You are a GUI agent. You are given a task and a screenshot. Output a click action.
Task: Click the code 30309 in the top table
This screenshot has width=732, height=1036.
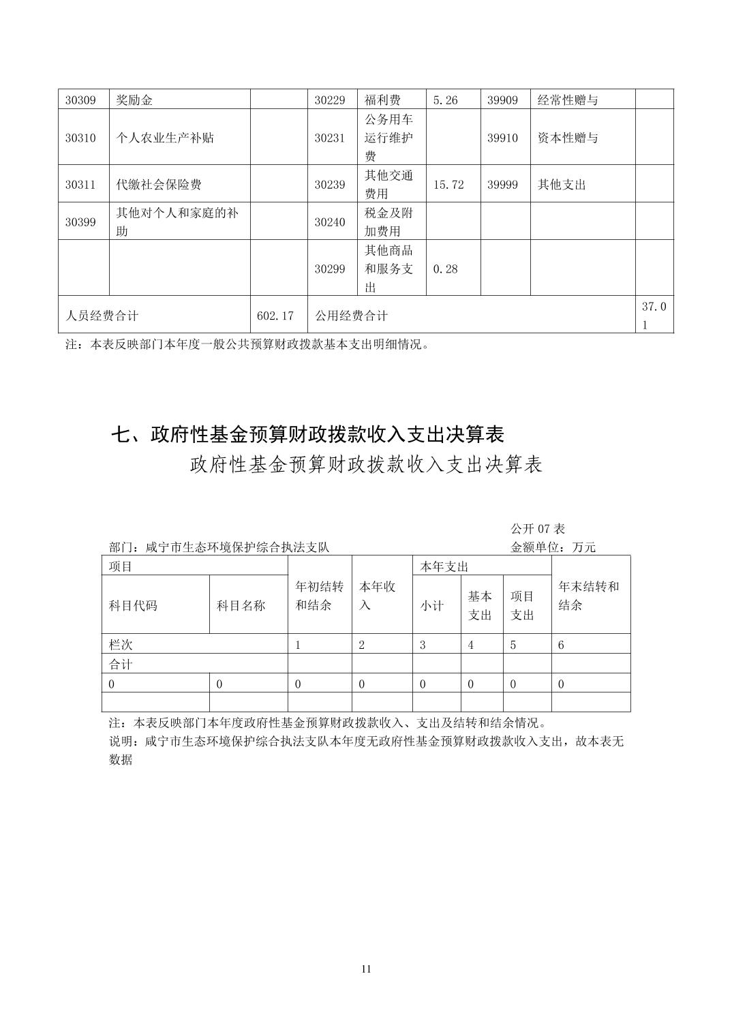(80, 100)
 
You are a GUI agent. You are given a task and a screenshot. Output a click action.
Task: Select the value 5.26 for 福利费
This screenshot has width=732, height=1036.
(446, 100)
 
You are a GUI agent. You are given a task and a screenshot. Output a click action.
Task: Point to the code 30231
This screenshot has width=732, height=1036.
(329, 138)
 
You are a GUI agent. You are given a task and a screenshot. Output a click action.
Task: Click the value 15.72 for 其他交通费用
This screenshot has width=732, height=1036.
(448, 185)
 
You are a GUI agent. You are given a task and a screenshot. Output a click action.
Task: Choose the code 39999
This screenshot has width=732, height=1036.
(502, 185)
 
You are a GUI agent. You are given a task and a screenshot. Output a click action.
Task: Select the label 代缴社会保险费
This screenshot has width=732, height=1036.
(159, 185)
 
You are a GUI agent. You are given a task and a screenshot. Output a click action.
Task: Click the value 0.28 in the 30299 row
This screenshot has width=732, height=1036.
(446, 269)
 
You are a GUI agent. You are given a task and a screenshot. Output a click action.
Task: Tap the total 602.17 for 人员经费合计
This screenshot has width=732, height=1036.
(275, 316)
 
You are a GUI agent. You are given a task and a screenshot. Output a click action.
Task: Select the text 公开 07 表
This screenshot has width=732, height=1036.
(538, 529)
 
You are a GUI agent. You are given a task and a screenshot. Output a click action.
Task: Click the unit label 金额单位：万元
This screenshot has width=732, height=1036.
(553, 547)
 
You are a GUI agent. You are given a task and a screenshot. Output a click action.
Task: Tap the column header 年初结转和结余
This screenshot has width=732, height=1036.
(319, 596)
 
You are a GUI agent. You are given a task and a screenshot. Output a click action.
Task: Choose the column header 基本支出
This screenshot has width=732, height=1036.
(480, 605)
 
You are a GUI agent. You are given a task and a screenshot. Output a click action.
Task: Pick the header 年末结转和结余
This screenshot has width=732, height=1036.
(589, 596)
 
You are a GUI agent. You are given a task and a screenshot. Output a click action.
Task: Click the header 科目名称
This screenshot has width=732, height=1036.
(241, 605)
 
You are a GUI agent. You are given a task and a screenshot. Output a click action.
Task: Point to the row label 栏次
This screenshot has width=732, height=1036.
(121, 645)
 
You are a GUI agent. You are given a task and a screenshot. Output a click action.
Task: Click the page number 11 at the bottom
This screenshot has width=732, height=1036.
(366, 969)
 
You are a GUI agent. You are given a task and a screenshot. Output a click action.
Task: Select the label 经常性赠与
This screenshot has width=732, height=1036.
(568, 100)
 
